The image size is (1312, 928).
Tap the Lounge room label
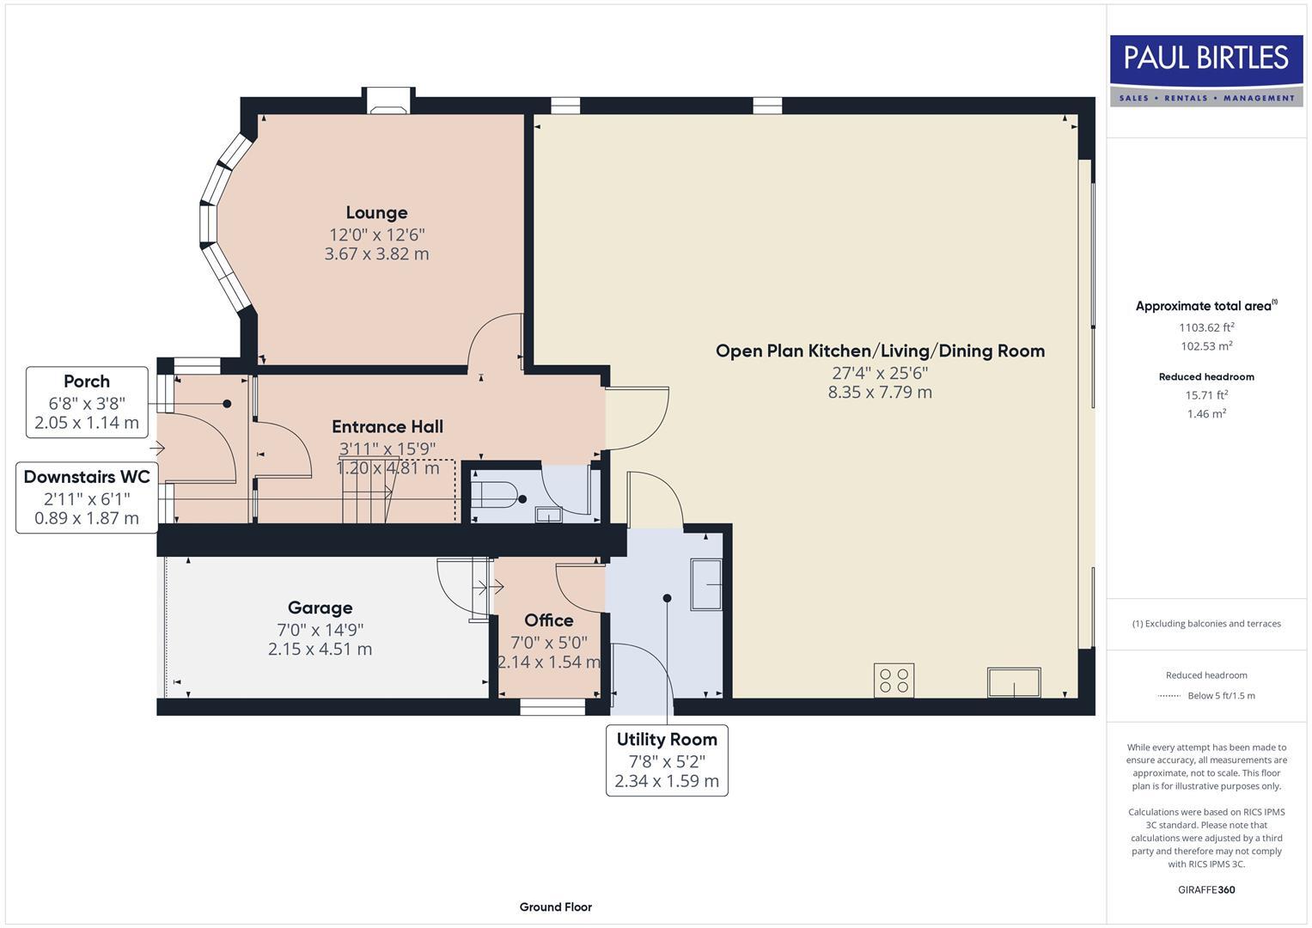pos(376,213)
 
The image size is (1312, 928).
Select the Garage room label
pos(320,608)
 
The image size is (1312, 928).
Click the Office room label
pos(548,620)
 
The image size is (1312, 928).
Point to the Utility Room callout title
pos(667,739)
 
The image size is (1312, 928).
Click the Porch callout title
pos(87,382)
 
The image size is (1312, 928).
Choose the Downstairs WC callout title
pos(87,477)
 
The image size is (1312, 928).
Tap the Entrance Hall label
pos(387,427)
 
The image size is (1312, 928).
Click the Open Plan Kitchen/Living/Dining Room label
pos(880,351)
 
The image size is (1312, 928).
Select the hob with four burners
pos(894,680)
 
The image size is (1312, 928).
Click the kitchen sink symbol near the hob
pos(1014,682)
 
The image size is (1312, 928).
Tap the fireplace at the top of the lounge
pos(388,101)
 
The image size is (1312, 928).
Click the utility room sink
pos(706,585)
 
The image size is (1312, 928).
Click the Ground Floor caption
pos(555,907)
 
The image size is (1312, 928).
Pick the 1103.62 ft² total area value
pos(1206,327)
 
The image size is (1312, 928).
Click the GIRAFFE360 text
pos(1206,889)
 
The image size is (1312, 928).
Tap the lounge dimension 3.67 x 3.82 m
pos(376,254)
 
